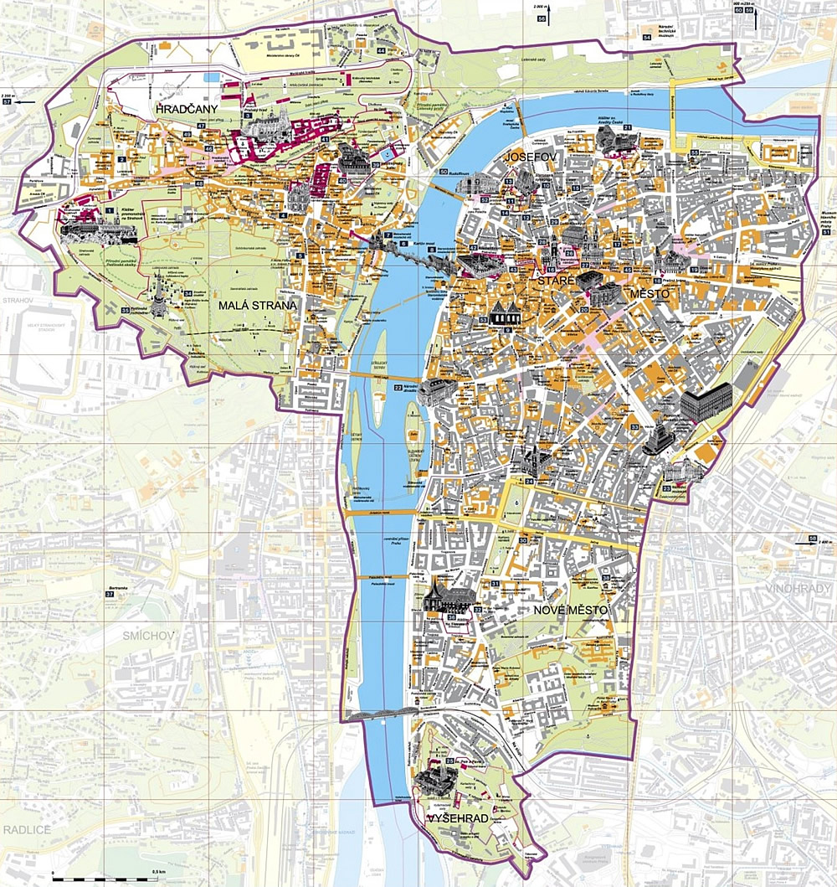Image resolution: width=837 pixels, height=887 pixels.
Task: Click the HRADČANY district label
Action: (187, 110)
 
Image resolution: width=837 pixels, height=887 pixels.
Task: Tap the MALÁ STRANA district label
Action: (258, 306)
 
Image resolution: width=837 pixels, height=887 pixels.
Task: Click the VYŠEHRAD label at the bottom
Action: (458, 817)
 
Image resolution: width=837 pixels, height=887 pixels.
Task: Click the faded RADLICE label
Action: (28, 829)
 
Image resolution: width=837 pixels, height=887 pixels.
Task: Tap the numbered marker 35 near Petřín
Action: (126, 311)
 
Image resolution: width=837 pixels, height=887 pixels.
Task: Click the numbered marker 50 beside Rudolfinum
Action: (443, 172)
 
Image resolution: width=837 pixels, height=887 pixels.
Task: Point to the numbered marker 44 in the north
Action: (381, 51)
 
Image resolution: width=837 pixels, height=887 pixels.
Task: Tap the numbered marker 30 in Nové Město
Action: (522, 540)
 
